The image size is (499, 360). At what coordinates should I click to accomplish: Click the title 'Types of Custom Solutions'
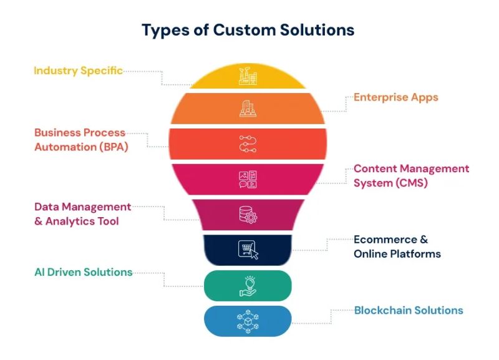pos(248,29)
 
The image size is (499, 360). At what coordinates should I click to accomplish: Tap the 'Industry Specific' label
pos(78,71)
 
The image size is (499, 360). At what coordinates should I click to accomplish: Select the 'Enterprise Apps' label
pos(395,97)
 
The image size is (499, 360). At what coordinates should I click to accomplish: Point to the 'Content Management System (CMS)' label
pos(410,176)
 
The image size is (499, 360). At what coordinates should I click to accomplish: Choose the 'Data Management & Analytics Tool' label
pos(82,214)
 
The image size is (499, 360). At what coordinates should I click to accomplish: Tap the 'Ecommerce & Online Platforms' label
pos(397,246)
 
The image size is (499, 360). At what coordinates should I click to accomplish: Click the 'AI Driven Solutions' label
pos(83,272)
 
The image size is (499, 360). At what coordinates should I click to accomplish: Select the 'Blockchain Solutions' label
pos(409,310)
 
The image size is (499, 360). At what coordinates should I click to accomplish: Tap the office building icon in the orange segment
pos(248,109)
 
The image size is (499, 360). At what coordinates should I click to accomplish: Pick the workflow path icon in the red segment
pos(248,144)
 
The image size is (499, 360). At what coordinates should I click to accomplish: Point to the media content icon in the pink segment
pos(248,180)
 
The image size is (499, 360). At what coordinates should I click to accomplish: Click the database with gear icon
pos(248,215)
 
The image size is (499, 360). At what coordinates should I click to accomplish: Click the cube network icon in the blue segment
pos(248,321)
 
